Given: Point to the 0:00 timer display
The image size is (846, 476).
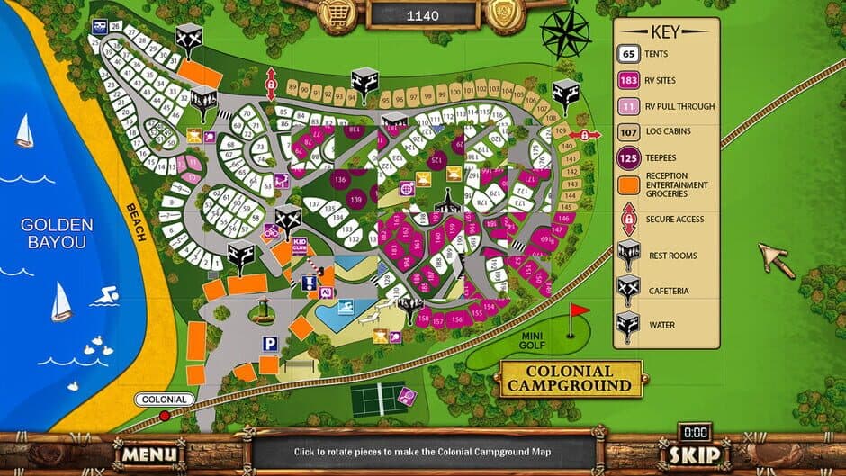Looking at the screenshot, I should (694, 433).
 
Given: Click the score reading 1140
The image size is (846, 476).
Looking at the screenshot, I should (423, 14).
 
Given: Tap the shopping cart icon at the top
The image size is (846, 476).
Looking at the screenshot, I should (339, 13).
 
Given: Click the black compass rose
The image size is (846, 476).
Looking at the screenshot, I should (565, 34).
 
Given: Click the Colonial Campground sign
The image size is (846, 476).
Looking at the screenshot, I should (570, 379).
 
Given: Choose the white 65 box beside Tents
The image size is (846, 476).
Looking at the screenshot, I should (629, 54).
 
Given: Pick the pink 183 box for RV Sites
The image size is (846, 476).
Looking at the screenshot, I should (629, 81).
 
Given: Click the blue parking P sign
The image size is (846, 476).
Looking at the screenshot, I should (268, 344).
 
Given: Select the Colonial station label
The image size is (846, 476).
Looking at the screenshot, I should (165, 400).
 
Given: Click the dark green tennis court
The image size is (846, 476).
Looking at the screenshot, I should (379, 399).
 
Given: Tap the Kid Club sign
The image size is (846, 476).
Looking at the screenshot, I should (300, 247).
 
